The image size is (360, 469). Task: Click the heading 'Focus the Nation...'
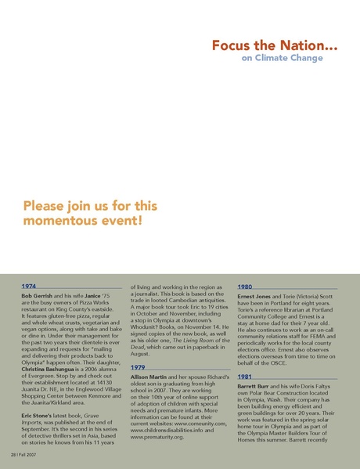275,46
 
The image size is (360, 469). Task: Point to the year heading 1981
244,377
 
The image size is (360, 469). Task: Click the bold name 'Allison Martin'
150,378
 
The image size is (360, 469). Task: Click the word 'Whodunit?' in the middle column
146,332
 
